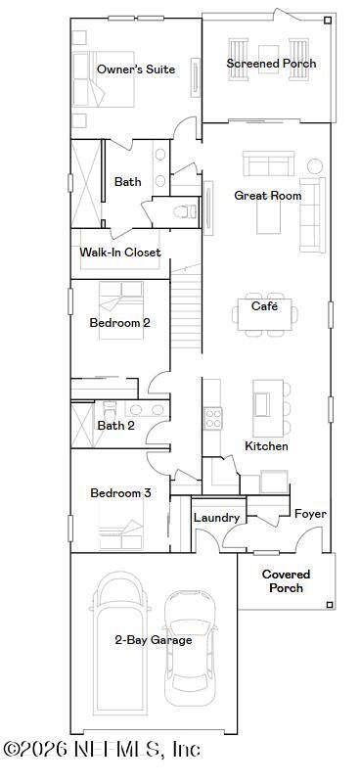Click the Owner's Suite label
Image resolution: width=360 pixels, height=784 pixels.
point(136,69)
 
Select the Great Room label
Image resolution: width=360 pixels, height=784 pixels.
point(267,196)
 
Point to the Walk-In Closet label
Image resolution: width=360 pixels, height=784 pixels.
point(120,253)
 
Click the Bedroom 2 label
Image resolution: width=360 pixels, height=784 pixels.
point(119,322)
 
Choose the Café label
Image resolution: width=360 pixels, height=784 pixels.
point(264,306)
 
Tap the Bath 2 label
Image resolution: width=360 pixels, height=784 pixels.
point(115,426)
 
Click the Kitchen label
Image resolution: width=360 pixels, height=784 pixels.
point(266,446)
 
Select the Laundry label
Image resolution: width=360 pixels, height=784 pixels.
point(216,518)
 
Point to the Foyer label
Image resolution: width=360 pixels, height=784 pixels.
point(310,514)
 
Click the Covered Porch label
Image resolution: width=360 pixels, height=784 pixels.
point(286,581)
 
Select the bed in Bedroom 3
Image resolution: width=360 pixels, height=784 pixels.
point(120,533)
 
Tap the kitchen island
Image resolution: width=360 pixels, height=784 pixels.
point(263,404)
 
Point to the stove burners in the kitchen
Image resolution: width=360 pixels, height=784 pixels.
point(212,418)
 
